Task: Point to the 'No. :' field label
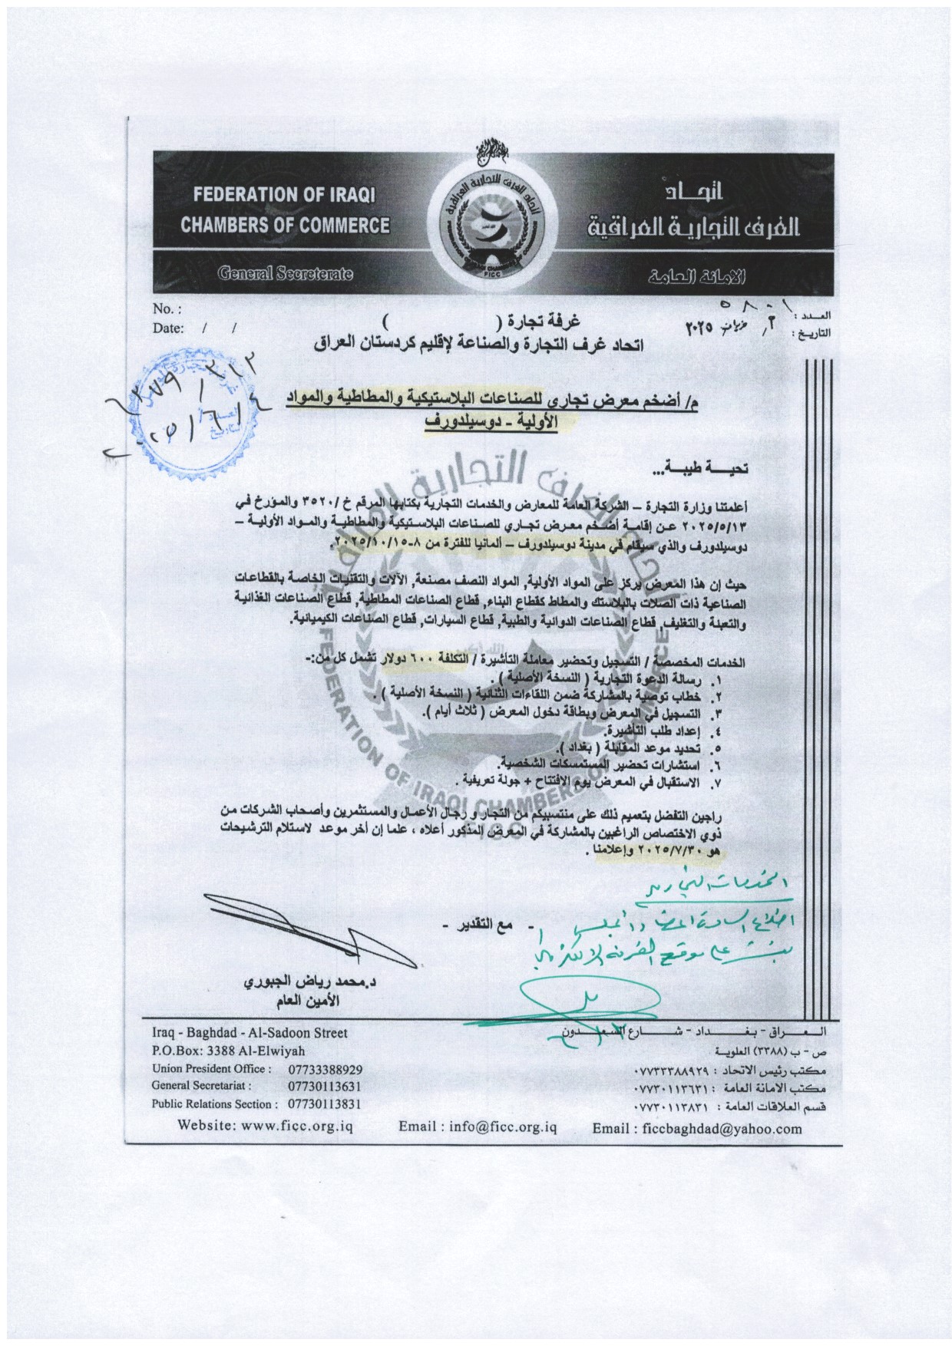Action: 167,309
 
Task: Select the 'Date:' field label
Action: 170,328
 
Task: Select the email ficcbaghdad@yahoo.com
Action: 696,1128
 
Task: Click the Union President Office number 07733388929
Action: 325,1069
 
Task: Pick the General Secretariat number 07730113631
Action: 325,1087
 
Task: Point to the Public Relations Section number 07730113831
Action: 325,1104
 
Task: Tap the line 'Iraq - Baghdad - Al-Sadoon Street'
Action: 250,1034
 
